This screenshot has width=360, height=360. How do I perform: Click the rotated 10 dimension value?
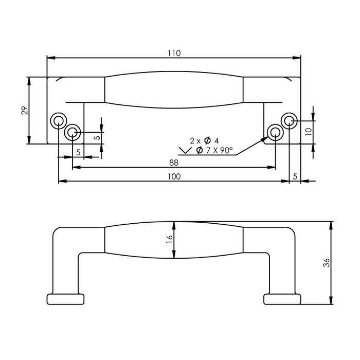(x=308, y=131)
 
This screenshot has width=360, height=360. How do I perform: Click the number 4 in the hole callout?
(x=217, y=140)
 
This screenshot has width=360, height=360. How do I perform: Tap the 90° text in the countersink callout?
(x=226, y=151)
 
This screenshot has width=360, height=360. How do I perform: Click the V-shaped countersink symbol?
(x=184, y=151)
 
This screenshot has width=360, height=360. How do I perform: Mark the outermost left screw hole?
(x=58, y=121)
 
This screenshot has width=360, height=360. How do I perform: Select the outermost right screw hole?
(x=290, y=121)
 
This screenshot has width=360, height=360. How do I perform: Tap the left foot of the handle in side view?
(x=65, y=299)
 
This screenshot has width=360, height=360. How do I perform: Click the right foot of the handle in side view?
(x=282, y=299)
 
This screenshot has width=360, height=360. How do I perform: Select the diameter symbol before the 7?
(x=198, y=151)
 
